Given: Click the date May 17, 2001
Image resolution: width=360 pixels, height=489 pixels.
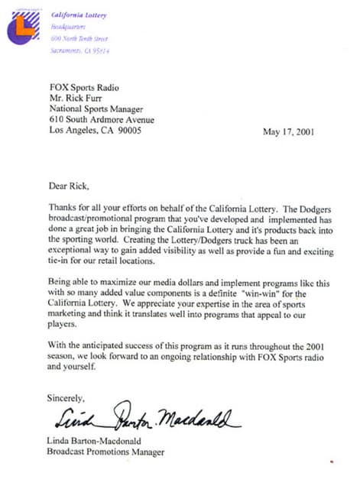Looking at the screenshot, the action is (x=292, y=131).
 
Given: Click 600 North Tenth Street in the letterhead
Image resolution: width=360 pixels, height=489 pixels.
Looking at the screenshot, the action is (x=79, y=37).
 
